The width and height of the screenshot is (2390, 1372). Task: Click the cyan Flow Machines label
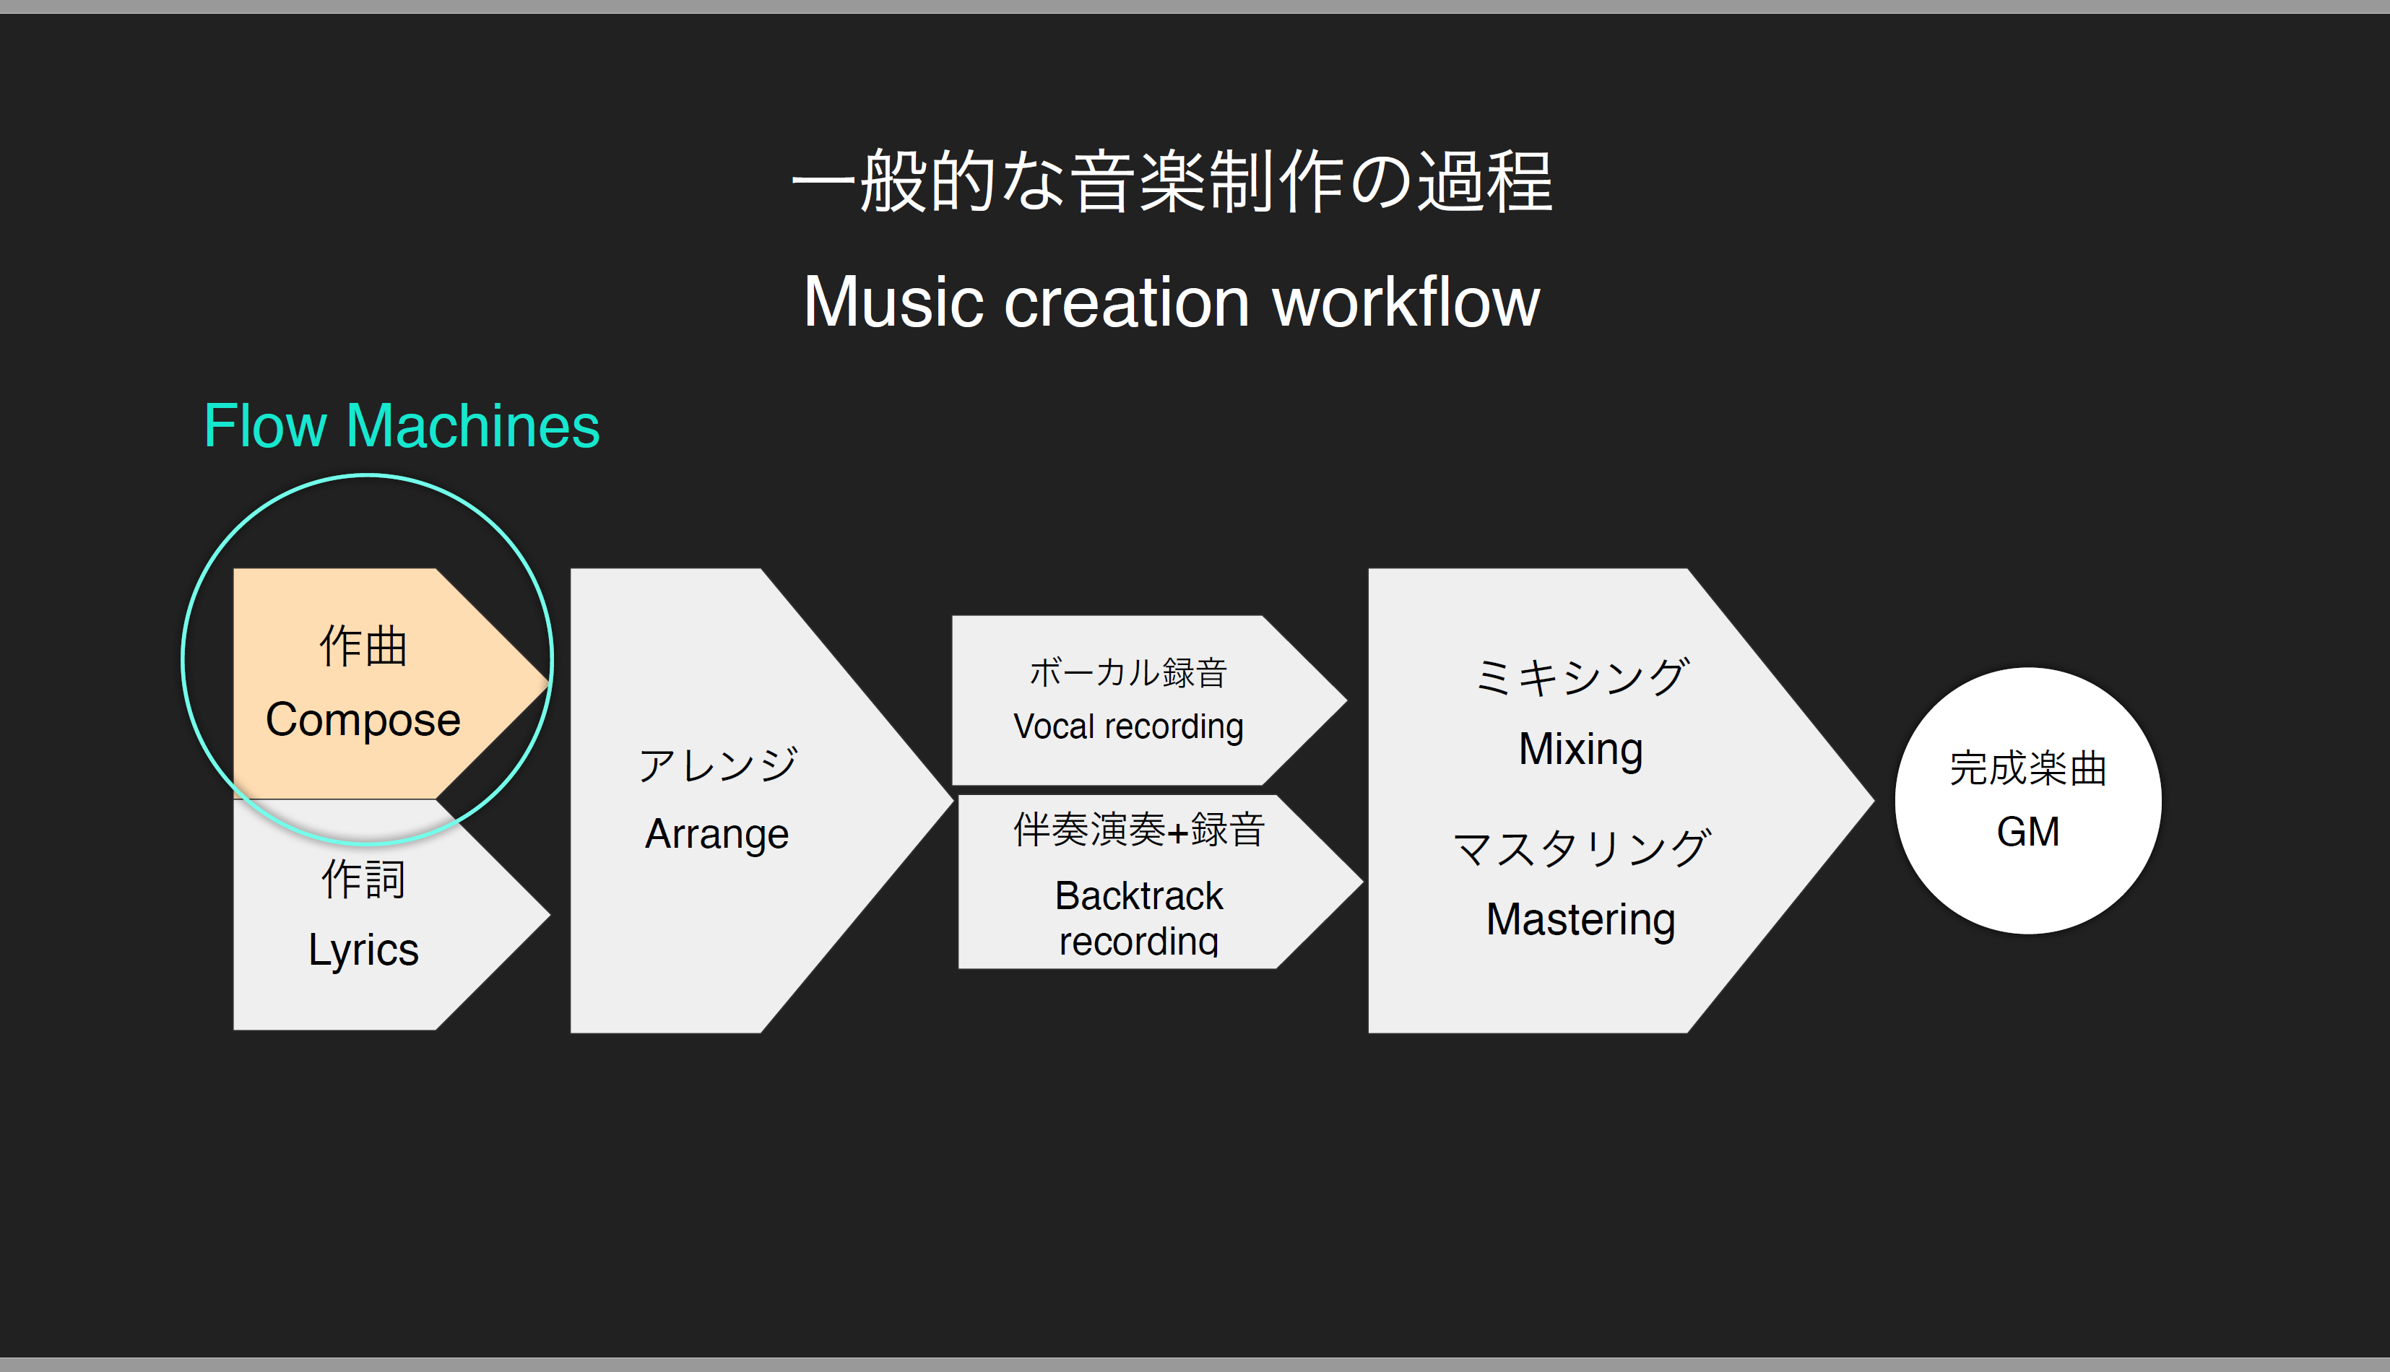[x=402, y=426]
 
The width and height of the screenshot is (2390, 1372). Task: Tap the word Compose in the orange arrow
[x=363, y=721]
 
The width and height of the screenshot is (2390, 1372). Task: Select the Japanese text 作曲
[x=363, y=646]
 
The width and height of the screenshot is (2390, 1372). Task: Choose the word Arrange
[x=717, y=835]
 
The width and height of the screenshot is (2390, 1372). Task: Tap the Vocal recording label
[x=1128, y=726]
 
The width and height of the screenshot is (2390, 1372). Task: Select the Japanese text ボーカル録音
[x=1128, y=673]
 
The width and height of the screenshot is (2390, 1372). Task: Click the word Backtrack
[x=1138, y=895]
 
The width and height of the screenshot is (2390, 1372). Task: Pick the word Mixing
[x=1580, y=750]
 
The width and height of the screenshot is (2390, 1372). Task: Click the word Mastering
[x=1580, y=920]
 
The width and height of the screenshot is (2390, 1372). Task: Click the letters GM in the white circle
[x=2028, y=832]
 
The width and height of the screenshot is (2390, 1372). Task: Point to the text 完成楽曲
[x=2028, y=768]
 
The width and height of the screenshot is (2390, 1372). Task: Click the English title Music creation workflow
[x=1172, y=302]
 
